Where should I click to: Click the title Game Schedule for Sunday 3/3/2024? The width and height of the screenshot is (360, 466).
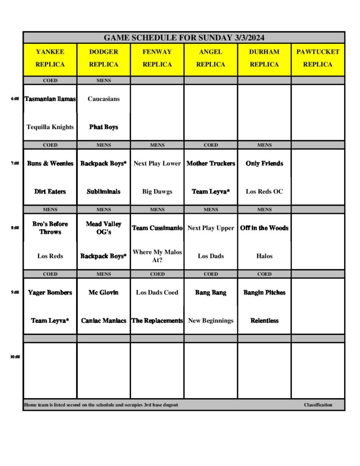[x=184, y=38]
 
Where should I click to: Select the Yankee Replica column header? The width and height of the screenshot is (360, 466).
[x=50, y=58]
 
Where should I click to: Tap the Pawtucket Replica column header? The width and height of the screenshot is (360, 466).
[x=318, y=58]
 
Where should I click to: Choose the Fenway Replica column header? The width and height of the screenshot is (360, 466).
[x=157, y=58]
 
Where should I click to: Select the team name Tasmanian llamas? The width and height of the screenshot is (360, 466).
[x=50, y=99]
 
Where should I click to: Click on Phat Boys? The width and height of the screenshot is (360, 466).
[x=103, y=127]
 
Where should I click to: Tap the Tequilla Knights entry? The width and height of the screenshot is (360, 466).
[x=50, y=127]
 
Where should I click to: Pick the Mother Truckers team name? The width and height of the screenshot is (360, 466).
[x=211, y=163]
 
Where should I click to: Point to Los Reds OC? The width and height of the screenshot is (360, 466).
[x=264, y=192]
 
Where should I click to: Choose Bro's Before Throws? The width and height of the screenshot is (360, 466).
[x=50, y=228]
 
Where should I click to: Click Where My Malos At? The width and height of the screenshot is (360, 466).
[x=157, y=256]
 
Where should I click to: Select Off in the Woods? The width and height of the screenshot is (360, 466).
[x=264, y=228]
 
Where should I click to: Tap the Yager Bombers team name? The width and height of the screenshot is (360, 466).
[x=50, y=293]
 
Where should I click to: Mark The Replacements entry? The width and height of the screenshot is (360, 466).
[x=157, y=321]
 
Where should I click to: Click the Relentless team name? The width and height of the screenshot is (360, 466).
[x=264, y=321]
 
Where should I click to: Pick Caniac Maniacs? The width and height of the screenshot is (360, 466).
[x=103, y=321]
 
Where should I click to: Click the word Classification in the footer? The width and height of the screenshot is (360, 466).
[x=318, y=405]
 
